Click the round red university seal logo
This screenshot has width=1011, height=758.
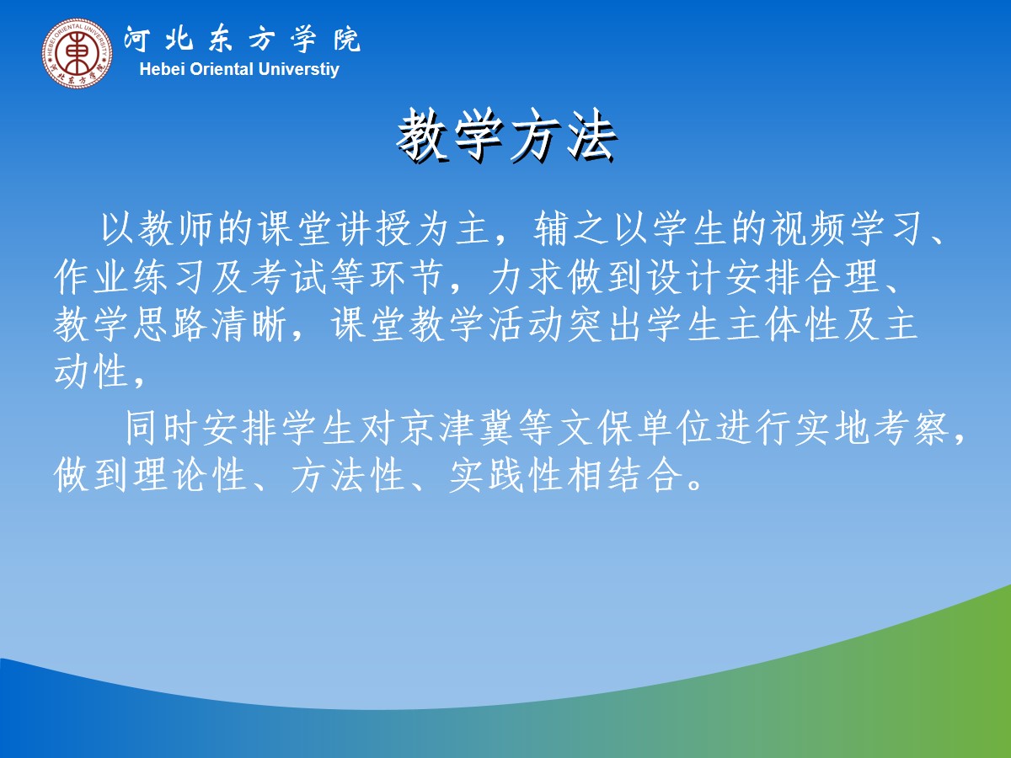tap(77, 52)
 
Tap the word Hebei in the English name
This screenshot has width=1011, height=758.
tap(163, 69)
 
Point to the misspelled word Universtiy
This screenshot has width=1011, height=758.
tap(298, 70)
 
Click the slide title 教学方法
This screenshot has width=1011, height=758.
tap(506, 136)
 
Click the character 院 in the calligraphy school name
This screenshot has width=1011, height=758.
tap(347, 39)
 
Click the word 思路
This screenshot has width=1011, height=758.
tap(170, 325)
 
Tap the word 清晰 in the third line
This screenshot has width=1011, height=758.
tap(249, 325)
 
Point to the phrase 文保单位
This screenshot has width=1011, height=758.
tap(634, 429)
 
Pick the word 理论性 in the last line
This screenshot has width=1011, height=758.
tap(190, 476)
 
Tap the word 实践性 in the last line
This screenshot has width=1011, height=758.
tap(505, 476)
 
